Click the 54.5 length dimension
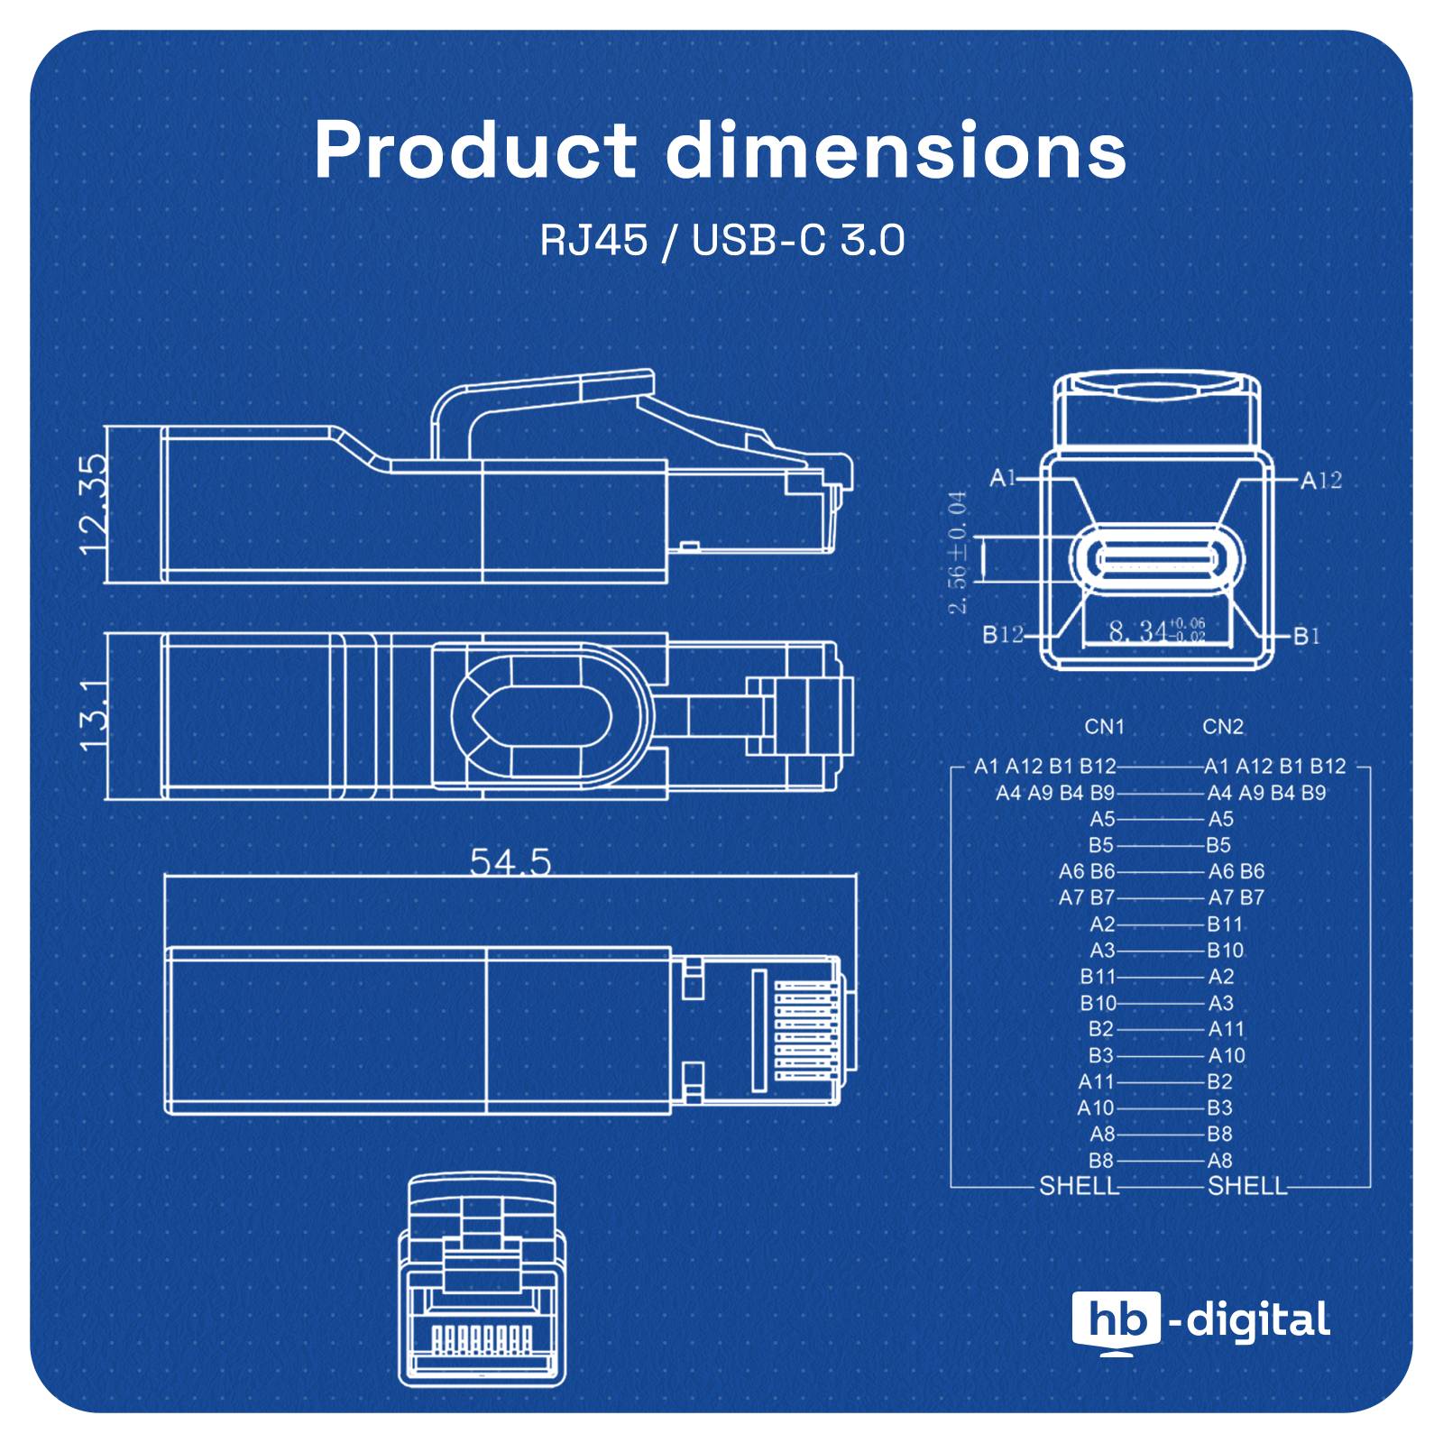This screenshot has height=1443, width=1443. (510, 863)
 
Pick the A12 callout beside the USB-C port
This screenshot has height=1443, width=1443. (1320, 480)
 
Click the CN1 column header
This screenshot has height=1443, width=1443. (1104, 727)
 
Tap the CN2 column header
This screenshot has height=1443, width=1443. (1222, 727)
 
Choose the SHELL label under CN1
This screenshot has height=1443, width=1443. (1079, 1186)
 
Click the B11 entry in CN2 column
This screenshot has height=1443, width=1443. (1225, 924)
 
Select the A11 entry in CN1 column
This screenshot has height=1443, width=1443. (1096, 1081)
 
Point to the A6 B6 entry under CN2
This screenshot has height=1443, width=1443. (1236, 871)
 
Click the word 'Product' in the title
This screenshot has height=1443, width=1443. (474, 151)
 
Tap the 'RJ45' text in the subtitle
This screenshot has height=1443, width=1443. (593, 241)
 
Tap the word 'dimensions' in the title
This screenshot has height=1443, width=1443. (896, 151)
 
